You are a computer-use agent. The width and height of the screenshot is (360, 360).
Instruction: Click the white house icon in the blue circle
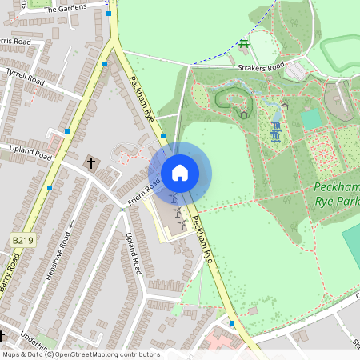click(179, 173)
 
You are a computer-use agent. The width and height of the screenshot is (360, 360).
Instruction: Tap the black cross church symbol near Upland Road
click(90, 163)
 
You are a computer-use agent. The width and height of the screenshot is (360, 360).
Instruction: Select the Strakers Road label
click(257, 70)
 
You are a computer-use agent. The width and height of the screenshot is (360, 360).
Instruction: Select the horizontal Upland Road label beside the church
click(30, 150)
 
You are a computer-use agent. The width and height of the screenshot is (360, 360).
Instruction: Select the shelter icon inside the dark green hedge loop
click(244, 114)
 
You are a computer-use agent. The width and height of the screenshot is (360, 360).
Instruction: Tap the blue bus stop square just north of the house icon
click(163, 136)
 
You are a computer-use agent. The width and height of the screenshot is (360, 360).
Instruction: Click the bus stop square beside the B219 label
click(50, 187)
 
